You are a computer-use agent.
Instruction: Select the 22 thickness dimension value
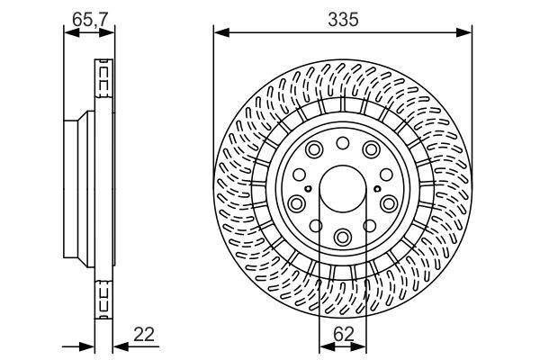144,334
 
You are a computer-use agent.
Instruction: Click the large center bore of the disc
342,189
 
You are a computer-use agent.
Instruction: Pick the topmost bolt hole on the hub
342,144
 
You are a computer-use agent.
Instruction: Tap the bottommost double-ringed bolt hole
342,237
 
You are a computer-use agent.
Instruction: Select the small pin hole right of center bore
375,189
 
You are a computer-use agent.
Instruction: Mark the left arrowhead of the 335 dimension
218,33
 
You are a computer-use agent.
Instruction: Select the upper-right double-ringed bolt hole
372,151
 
